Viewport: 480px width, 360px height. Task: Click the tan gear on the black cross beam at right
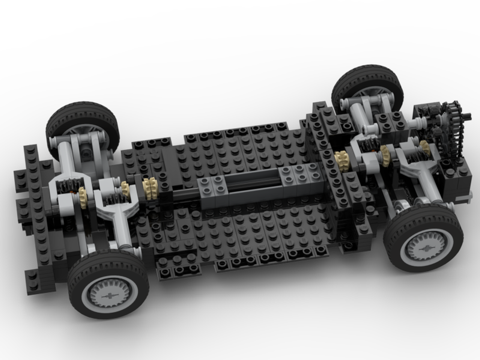tap(342, 161)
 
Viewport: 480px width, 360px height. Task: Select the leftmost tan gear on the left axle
tap(83, 197)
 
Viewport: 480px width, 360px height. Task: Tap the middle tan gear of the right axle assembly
tap(384, 156)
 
